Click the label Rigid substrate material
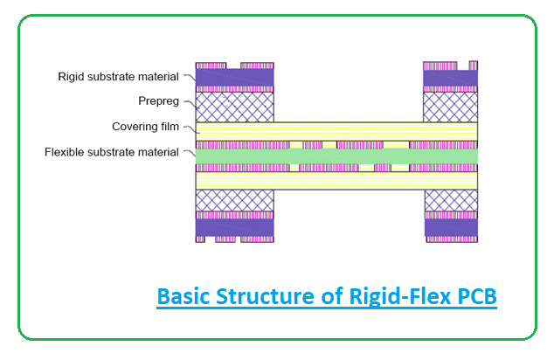click(118, 77)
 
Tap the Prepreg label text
click(157, 101)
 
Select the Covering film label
click(145, 127)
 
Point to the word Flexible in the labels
click(68, 152)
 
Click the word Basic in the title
click(185, 296)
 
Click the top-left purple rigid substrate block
click(234, 78)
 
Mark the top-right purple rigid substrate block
click(450, 78)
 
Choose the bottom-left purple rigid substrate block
click(234, 226)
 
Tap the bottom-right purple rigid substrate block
click(450, 226)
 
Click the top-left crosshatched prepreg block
click(234, 107)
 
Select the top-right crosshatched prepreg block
click(450, 107)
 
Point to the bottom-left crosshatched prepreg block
click(234, 200)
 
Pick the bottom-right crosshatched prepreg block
click(450, 200)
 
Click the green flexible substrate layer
click(336, 156)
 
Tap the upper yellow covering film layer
click(336, 130)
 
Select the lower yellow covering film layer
click(336, 181)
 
